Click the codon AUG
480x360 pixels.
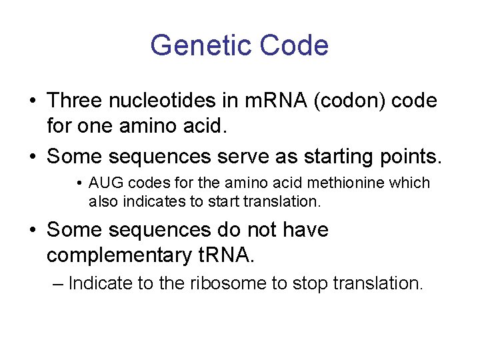pos(105,183)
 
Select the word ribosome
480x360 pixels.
pos(223,283)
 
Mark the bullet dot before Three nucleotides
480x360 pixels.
pos(32,101)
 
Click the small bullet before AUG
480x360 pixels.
pos(79,183)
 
